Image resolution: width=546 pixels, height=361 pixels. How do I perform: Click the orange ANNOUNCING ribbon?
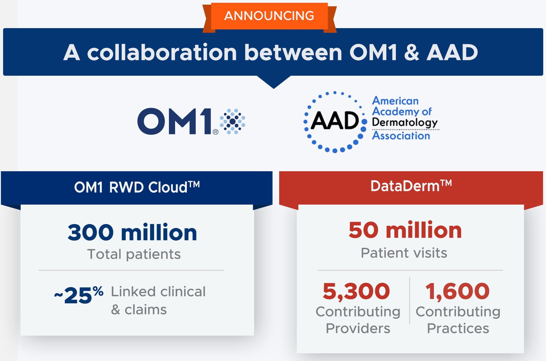(x=269, y=16)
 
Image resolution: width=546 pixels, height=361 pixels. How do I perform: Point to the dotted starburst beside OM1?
(x=233, y=121)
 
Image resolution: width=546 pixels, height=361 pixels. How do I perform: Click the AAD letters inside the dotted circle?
(x=335, y=121)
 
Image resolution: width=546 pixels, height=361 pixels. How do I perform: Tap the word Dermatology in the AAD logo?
(x=405, y=123)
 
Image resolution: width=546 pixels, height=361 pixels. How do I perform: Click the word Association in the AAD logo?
(x=401, y=136)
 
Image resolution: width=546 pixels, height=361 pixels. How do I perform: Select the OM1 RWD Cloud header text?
(x=137, y=187)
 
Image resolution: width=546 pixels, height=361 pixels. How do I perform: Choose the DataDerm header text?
(x=411, y=186)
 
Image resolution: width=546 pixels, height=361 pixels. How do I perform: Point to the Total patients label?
(x=134, y=254)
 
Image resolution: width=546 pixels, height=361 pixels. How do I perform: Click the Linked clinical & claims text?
(x=158, y=300)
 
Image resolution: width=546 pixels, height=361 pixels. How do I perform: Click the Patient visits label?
(x=404, y=253)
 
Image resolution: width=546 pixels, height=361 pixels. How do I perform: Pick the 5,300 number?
(x=356, y=291)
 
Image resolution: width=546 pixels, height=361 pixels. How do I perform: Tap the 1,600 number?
(x=458, y=291)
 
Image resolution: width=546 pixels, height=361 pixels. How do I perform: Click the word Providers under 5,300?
(x=358, y=328)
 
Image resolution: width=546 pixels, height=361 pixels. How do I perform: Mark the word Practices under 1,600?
(x=458, y=328)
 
